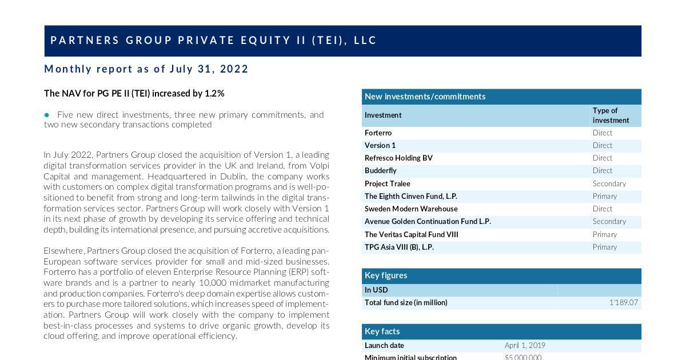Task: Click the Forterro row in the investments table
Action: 378,133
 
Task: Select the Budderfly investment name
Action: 381,170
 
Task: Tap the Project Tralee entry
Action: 388,183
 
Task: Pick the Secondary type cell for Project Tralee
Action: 609,183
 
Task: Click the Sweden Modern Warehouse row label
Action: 411,209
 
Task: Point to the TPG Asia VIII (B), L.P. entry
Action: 399,247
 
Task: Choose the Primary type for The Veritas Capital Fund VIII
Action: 605,234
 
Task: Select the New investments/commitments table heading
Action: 425,96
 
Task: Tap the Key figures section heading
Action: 386,275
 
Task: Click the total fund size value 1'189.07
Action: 624,302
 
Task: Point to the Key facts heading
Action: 382,331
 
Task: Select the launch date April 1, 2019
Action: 525,345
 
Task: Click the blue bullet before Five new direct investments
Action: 47,115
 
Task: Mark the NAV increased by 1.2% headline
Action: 134,93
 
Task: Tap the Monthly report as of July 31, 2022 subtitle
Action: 146,69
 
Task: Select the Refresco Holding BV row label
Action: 398,158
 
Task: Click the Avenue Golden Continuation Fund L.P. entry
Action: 428,221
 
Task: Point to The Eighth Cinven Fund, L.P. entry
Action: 411,196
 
